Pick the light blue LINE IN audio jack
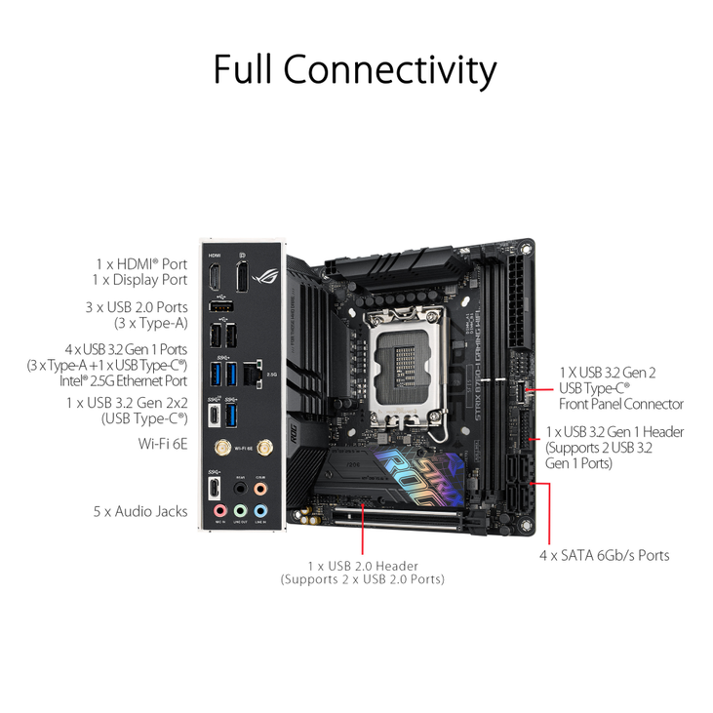(259, 510)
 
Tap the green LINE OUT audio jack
(240, 510)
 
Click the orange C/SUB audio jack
(259, 488)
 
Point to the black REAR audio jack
(240, 488)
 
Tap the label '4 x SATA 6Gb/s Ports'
(606, 555)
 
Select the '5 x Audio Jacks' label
(140, 511)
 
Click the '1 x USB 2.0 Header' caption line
(363, 566)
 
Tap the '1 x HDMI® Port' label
(140, 263)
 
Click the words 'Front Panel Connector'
(620, 404)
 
